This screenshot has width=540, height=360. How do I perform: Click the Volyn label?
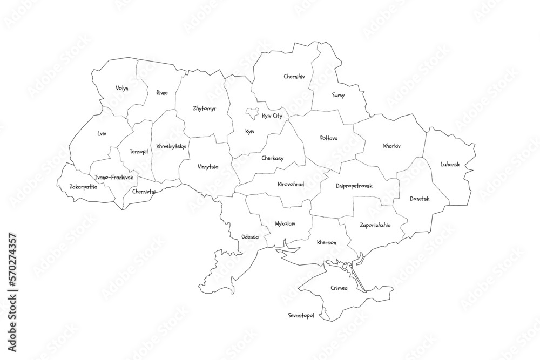[122, 88]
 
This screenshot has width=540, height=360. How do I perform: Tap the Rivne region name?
[162, 92]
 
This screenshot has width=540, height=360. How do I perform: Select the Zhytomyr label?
[205, 108]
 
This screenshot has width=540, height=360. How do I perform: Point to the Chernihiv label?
[294, 77]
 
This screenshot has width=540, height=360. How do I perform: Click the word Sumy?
[339, 95]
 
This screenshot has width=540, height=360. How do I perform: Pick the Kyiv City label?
[272, 116]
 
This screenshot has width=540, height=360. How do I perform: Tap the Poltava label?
[328, 138]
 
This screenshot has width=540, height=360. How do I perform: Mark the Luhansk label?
[450, 164]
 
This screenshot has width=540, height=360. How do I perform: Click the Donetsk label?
[420, 198]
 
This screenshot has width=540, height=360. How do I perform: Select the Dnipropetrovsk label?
[354, 186]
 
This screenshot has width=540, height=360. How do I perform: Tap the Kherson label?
[327, 242]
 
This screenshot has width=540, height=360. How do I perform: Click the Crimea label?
[339, 288]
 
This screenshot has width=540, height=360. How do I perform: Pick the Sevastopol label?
[301, 315]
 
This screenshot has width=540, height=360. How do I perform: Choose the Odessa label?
[250, 236]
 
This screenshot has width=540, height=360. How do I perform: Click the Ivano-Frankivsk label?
[113, 177]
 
